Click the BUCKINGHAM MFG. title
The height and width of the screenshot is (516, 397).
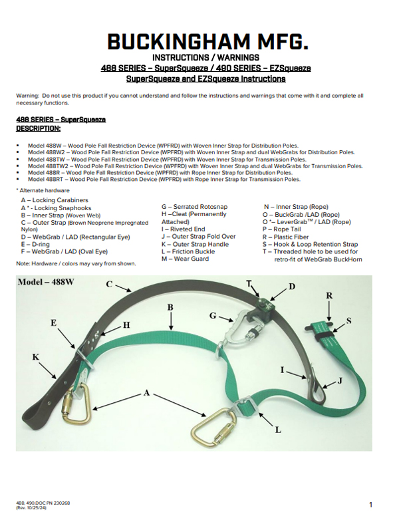click(207, 42)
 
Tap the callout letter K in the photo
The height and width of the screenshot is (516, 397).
click(35, 356)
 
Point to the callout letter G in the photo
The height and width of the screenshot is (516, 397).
click(213, 316)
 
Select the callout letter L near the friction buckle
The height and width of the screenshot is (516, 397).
click(278, 430)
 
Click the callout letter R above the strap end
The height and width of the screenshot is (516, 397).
click(329, 295)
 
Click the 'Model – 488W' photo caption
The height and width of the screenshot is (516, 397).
click(46, 282)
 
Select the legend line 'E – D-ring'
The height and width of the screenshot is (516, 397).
click(35, 244)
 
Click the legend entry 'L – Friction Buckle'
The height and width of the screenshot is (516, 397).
click(188, 251)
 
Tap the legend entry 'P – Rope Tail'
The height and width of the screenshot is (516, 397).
click(281, 229)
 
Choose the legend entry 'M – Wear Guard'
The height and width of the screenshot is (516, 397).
click(185, 259)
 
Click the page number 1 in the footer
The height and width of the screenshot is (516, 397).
click(371, 505)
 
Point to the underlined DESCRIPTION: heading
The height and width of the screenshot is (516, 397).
click(38, 128)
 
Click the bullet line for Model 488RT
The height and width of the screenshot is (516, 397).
click(164, 180)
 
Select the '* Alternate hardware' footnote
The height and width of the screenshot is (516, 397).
click(43, 190)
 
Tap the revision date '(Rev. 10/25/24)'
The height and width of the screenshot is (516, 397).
click(31, 508)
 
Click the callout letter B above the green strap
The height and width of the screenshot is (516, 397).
click(170, 307)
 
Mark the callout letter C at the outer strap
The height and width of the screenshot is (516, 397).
click(109, 284)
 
